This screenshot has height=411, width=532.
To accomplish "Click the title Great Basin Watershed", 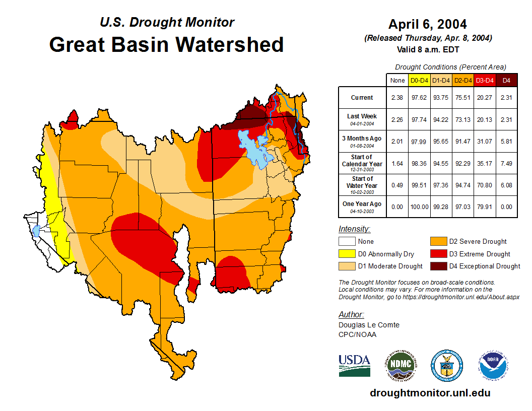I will point(166,44).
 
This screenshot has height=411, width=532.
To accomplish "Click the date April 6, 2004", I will point(427,24).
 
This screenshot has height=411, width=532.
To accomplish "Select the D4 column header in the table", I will point(506,80).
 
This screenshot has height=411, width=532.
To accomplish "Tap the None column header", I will point(397,80).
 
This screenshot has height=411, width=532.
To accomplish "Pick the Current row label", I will point(362,98).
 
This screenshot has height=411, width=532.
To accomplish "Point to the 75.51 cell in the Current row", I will point(463,98).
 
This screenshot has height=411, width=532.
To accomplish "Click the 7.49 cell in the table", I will point(506,163).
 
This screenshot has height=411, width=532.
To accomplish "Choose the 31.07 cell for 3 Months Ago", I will point(485,141).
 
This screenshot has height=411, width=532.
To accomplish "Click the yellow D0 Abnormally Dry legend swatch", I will point(347,254).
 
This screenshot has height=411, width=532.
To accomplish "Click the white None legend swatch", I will point(347,242).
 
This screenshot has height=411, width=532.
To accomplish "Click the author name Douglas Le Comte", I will point(369,325).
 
